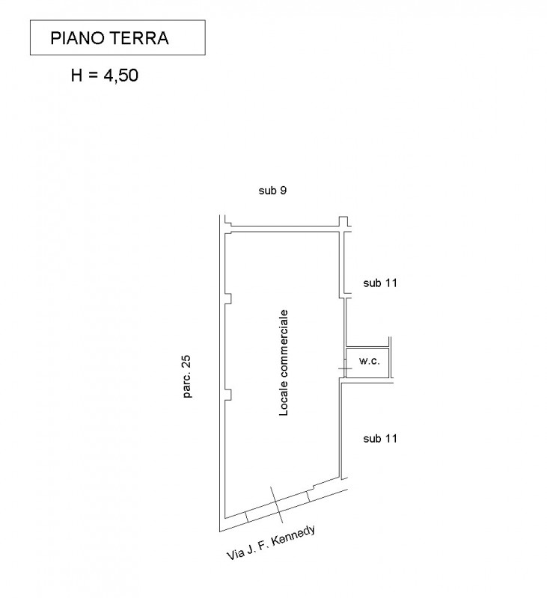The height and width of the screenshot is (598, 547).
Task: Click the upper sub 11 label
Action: [x=379, y=283]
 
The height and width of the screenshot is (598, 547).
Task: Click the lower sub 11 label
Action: [x=379, y=439]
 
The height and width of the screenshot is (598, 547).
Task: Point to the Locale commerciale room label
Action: [x=284, y=363]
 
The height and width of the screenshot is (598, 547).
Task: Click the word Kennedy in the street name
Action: [x=297, y=536]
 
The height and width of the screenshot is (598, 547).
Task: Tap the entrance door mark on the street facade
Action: [x=278, y=502]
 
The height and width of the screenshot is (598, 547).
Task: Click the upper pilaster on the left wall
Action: [x=227, y=299]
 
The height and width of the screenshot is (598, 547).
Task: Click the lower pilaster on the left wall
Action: [x=227, y=395]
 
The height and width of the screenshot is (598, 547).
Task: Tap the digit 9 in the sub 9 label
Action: [x=284, y=191]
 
